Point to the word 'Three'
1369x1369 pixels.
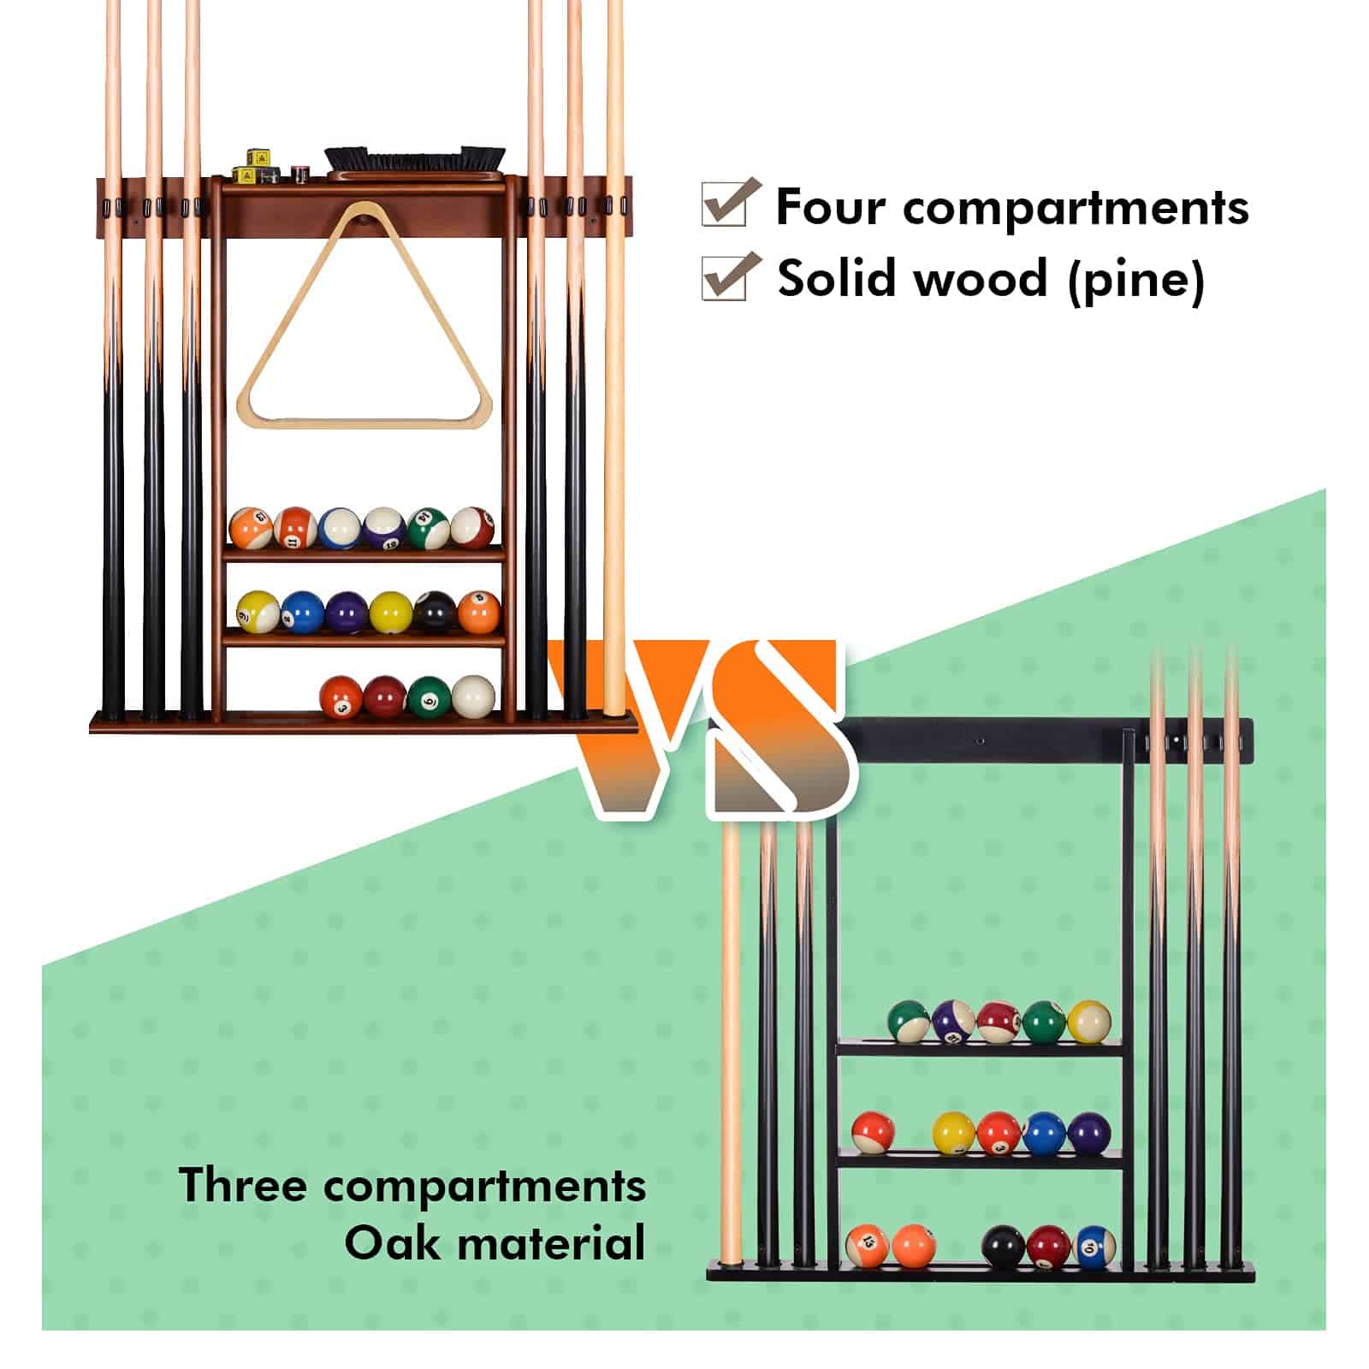click(x=242, y=1186)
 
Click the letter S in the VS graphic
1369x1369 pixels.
click(x=779, y=727)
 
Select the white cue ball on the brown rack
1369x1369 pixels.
click(x=473, y=696)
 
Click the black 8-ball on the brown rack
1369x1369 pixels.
click(x=435, y=612)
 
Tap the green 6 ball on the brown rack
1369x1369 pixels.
click(x=428, y=696)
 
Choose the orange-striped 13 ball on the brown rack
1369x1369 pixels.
click(x=252, y=528)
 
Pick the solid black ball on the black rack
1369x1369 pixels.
click(x=1003, y=1248)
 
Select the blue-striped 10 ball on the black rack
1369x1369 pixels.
click(x=1093, y=1248)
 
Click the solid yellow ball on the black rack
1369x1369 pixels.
click(x=953, y=1133)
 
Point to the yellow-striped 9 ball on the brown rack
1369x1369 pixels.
click(x=258, y=612)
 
